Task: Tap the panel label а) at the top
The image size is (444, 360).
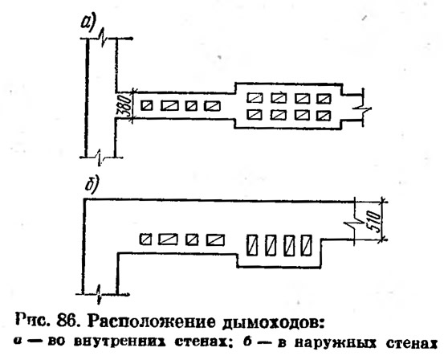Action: pyautogui.click(x=88, y=22)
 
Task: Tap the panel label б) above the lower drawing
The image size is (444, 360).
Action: pyautogui.click(x=92, y=186)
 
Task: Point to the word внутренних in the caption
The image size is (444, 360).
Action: pyautogui.click(x=122, y=342)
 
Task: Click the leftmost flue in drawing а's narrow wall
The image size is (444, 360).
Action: pyautogui.click(x=147, y=106)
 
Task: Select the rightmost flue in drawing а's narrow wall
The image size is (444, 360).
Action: pyautogui.click(x=213, y=106)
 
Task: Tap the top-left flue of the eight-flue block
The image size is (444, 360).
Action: pyautogui.click(x=255, y=98)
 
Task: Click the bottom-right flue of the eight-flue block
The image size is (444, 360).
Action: pyautogui.click(x=324, y=115)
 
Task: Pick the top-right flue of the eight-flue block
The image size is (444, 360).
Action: pyautogui.click(x=324, y=98)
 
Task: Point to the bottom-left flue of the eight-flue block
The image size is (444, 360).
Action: pyautogui.click(x=255, y=115)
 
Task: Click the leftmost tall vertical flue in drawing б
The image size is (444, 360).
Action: pyautogui.click(x=253, y=245)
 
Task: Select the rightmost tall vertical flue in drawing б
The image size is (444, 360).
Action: pyautogui.click(x=306, y=245)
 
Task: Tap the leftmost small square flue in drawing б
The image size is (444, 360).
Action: pyautogui.click(x=145, y=239)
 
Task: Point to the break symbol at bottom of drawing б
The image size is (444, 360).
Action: pyautogui.click(x=99, y=294)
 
